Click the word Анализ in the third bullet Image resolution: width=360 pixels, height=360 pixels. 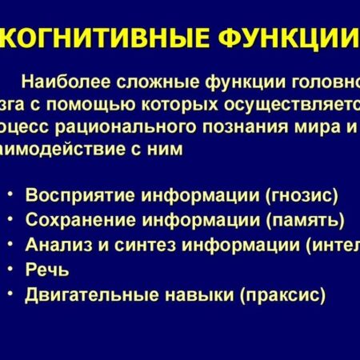pyautogui.click(x=52, y=244)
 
